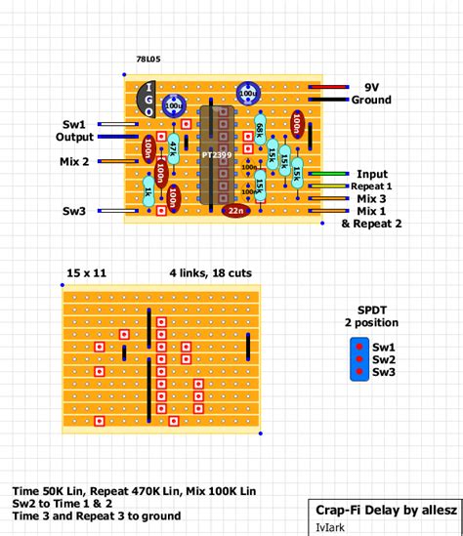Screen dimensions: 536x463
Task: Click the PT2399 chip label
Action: coord(217,154)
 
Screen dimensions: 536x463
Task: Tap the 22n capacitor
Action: coord(236,210)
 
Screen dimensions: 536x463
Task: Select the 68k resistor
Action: coord(260,132)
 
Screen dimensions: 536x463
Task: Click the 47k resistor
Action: coord(173,148)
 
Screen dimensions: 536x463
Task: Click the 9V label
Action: coord(371,86)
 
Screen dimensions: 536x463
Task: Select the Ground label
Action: coord(371,100)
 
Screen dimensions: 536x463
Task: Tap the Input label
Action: coord(372,174)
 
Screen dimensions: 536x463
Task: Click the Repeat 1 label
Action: coord(371,186)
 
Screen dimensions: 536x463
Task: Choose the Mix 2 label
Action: coord(74,161)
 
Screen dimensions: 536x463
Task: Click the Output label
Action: coord(74,138)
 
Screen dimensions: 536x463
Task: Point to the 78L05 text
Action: coord(149,60)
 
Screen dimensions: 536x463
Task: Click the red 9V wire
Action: coord(321,87)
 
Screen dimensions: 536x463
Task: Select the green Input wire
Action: coord(321,174)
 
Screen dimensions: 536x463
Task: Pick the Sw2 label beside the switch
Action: coord(384,359)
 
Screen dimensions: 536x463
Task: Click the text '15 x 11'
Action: coord(86,271)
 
